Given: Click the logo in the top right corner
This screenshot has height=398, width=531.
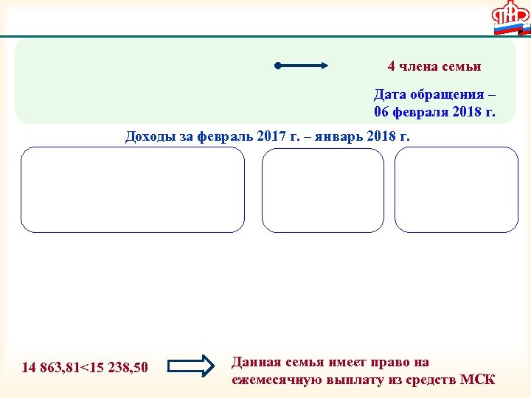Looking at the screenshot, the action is click(511, 18).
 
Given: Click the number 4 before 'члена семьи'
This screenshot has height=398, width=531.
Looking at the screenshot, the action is click(392, 66).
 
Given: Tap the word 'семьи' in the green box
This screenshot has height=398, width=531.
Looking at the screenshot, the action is click(463, 66).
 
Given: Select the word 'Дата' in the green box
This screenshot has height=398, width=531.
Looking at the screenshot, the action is click(389, 95).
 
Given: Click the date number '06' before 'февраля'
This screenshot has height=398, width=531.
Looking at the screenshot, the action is click(381, 112).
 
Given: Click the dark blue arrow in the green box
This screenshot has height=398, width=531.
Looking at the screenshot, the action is click(302, 66).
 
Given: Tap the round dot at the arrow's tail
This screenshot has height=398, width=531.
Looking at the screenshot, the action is click(277, 66).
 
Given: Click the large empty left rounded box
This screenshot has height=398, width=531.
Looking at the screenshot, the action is click(133, 189).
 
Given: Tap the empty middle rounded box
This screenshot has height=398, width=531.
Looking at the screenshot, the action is click(323, 189).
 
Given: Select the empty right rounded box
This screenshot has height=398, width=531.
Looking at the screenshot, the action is click(457, 189).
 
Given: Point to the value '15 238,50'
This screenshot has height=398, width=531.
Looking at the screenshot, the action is click(117, 367).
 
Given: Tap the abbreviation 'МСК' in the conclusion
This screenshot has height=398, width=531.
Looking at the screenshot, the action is click(477, 380).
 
